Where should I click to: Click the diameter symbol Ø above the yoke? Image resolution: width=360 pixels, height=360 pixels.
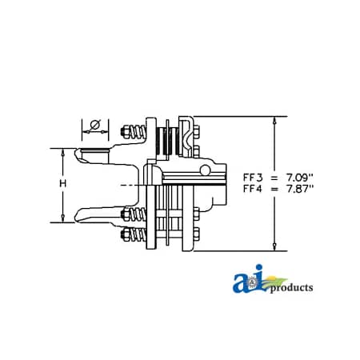click(x=94, y=126)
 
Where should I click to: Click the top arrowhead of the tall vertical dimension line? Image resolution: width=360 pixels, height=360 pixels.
click(x=275, y=120)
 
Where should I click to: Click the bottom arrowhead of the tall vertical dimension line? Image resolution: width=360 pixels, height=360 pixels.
click(x=275, y=249)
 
